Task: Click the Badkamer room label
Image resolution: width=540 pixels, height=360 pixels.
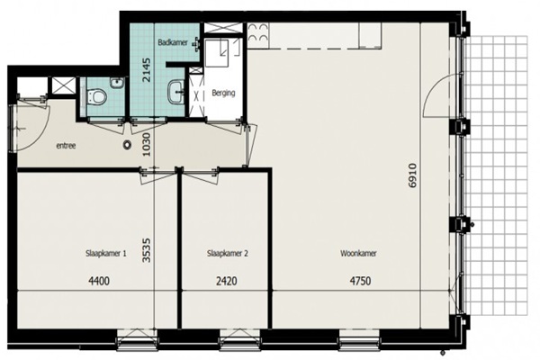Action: [173, 42]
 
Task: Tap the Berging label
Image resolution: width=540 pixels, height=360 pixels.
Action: [223, 93]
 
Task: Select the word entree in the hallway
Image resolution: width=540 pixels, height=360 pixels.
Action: [66, 146]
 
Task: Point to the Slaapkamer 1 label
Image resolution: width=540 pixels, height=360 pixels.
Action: [105, 254]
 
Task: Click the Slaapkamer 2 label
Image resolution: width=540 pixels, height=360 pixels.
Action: [228, 254]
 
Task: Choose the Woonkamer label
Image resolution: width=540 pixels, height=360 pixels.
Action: [358, 254]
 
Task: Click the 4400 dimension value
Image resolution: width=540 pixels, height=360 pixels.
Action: [99, 281]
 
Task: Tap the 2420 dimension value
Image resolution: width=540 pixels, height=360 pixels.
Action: [227, 281]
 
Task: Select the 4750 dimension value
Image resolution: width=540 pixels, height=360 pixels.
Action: [361, 281]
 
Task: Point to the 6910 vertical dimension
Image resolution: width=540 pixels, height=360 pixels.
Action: [412, 175]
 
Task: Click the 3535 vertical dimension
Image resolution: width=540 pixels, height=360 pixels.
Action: [147, 250]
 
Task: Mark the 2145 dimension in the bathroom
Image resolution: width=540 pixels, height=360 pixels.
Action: [147, 69]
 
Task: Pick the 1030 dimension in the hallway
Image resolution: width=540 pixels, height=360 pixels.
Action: [147, 145]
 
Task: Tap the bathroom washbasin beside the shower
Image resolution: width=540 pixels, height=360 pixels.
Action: [176, 92]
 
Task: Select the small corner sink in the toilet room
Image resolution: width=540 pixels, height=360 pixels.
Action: [117, 83]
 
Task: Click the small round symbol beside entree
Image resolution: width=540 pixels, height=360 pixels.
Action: [128, 145]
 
